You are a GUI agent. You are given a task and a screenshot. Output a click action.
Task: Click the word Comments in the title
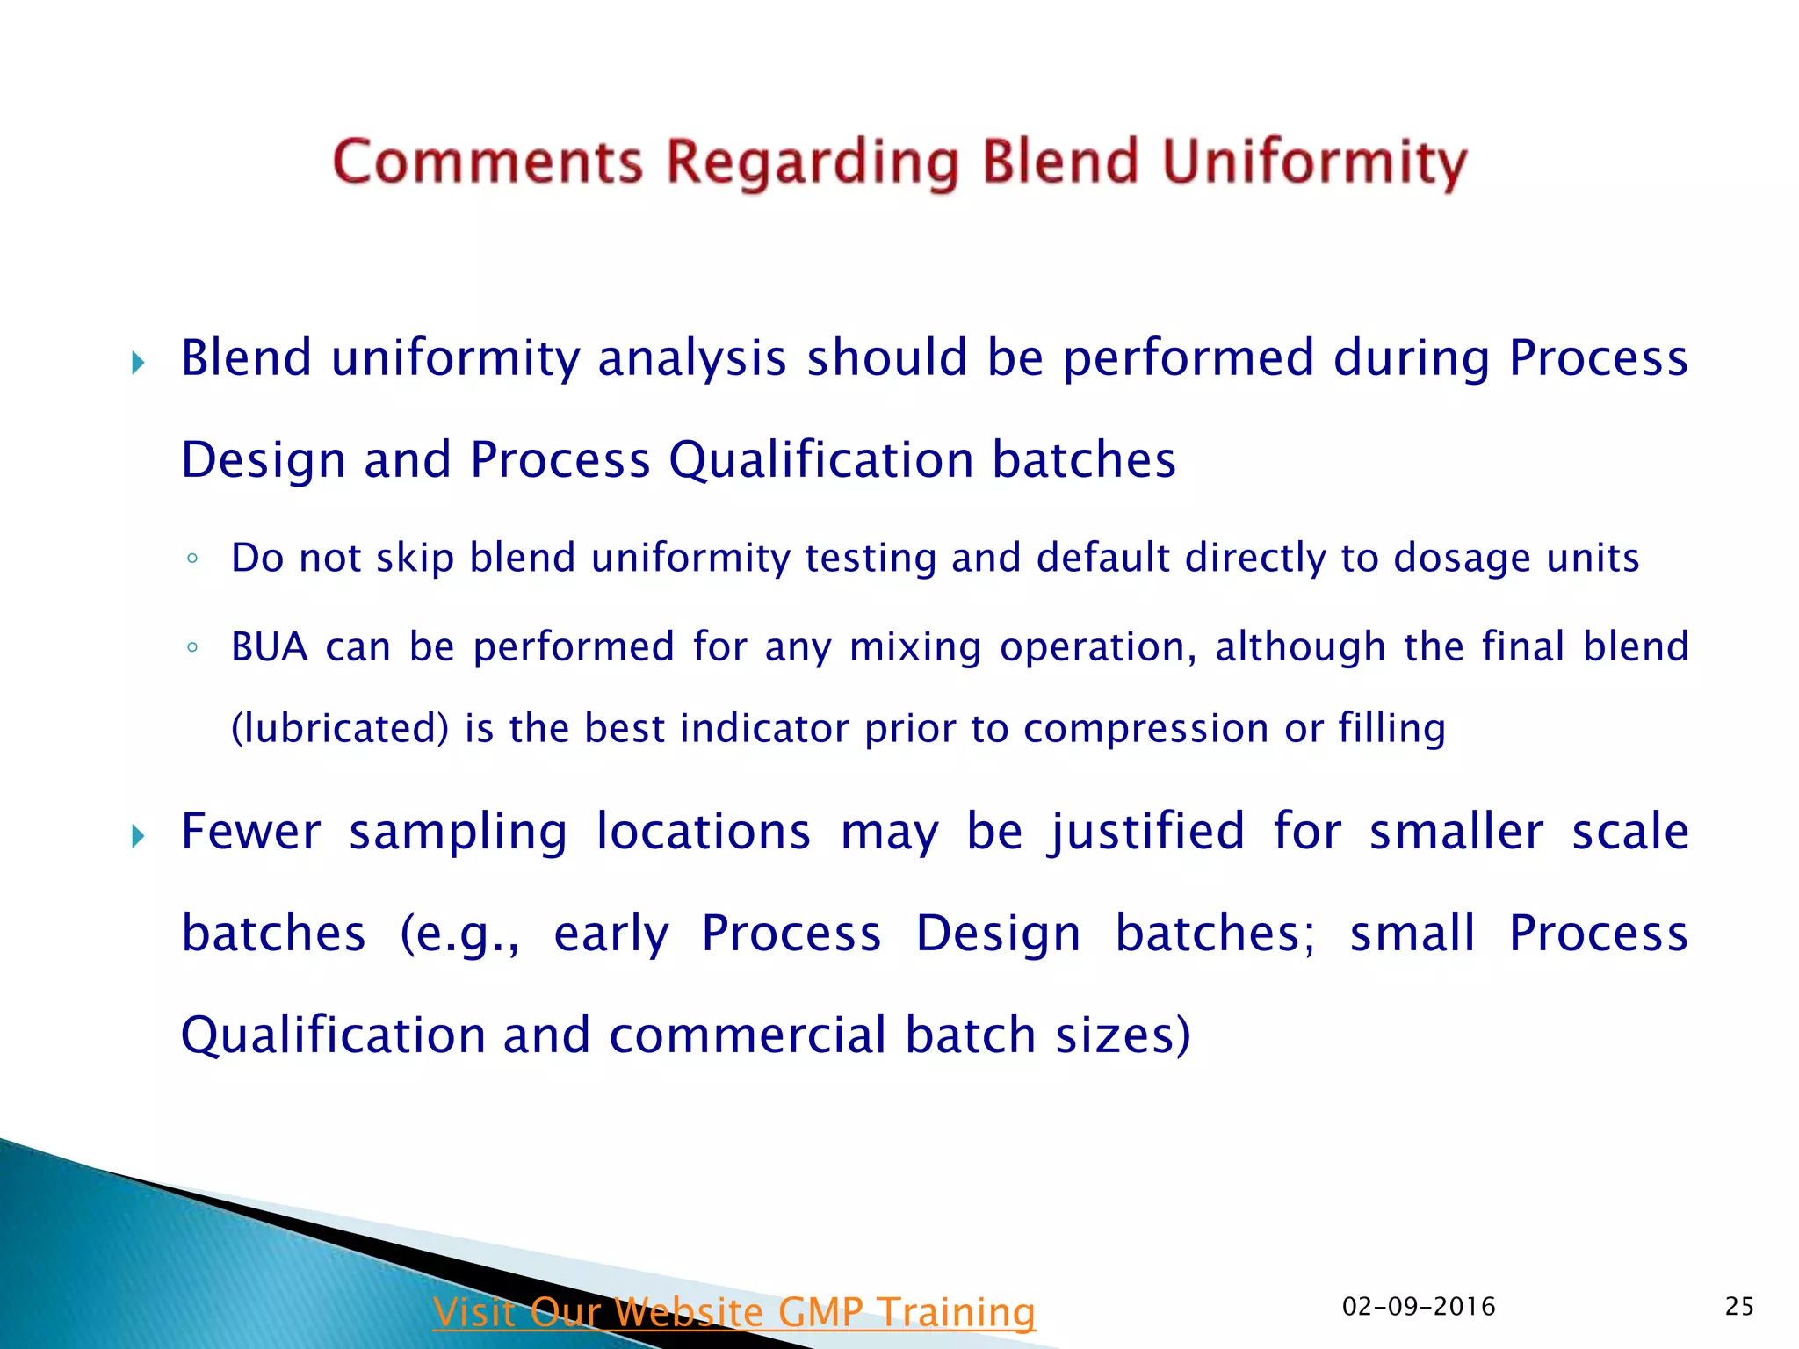[488, 162]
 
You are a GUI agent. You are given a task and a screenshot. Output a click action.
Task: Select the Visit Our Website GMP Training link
[733, 1312]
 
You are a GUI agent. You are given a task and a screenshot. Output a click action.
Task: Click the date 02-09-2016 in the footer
[1419, 1307]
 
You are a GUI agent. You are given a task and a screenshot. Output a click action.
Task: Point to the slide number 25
[1739, 1307]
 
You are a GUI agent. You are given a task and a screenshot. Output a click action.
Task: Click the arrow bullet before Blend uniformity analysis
[138, 363]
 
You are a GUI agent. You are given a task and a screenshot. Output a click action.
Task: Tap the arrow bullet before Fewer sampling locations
[138, 836]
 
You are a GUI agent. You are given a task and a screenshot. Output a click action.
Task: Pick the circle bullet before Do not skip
[192, 559]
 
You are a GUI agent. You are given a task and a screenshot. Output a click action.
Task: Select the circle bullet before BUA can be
[192, 648]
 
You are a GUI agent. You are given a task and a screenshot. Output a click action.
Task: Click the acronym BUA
[269, 647]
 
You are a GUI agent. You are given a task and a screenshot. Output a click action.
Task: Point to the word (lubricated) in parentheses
[340, 729]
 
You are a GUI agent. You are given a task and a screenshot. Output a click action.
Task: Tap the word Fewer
[250, 832]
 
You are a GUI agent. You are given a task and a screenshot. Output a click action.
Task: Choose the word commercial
[748, 1035]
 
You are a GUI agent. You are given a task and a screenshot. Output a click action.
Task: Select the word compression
[1145, 729]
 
